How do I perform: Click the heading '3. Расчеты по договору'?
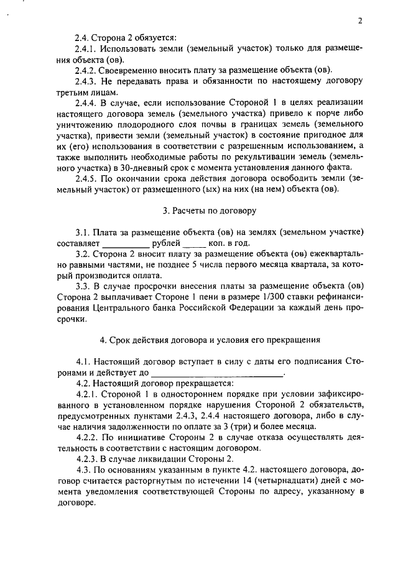pos(210,211)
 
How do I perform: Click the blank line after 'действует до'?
pos(217,373)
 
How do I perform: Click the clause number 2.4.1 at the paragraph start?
pos(86,48)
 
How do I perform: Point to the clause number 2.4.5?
pos(86,178)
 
